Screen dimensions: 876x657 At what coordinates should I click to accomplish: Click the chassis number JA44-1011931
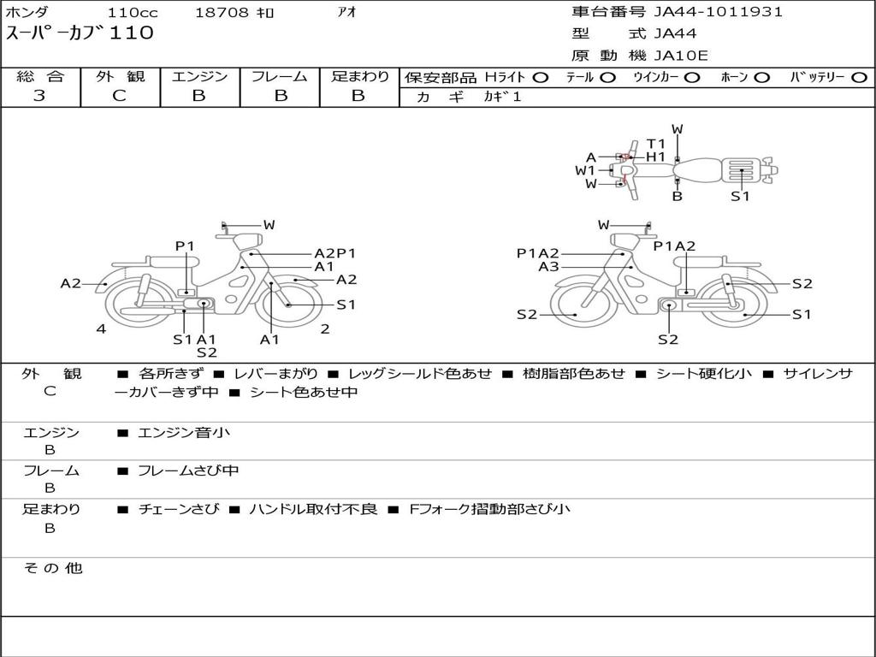click(x=718, y=12)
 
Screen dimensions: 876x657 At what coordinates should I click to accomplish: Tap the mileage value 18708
click(x=222, y=12)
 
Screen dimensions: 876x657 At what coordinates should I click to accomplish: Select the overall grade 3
click(x=39, y=96)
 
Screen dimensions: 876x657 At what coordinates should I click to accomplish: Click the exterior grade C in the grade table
click(x=120, y=96)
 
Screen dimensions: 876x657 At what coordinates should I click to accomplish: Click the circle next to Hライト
click(x=541, y=78)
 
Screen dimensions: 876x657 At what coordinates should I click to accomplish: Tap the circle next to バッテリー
click(x=859, y=78)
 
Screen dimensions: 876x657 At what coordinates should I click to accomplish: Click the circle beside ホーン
click(x=761, y=78)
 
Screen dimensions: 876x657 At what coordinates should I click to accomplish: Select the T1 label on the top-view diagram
click(x=656, y=144)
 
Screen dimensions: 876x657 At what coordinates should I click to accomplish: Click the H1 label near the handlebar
click(x=656, y=157)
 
